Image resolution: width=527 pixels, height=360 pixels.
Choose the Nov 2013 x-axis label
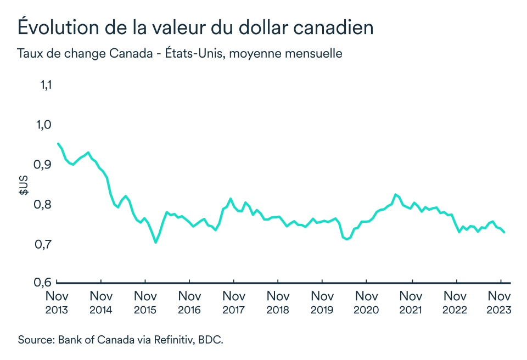pos(57,302)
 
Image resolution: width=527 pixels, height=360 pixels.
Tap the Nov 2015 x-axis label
pos(145,302)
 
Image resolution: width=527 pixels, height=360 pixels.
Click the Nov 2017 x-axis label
pos(234,302)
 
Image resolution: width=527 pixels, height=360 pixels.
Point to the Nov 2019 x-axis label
pos(322,302)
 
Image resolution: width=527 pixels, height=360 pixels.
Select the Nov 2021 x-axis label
pos(411,302)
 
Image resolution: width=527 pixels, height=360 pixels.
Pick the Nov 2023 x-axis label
pos(499,302)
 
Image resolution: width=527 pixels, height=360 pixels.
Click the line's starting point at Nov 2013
pos(58,144)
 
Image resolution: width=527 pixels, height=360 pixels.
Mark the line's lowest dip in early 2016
pos(156,242)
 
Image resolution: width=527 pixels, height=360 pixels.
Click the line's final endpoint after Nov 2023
pos(504,233)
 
